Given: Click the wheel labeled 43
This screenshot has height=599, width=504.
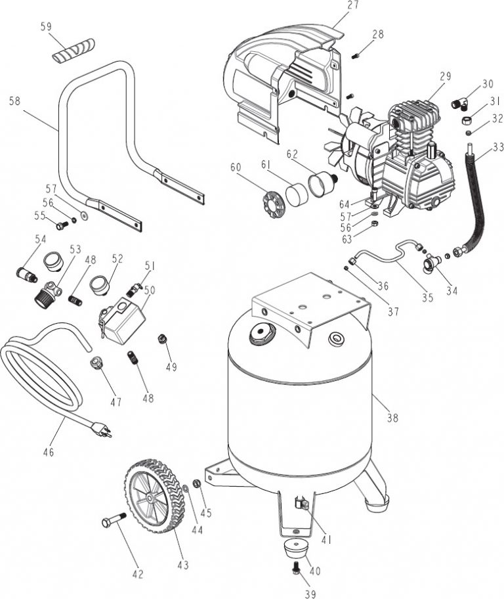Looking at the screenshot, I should pos(152,498).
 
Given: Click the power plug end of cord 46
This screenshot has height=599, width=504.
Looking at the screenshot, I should pos(104,430).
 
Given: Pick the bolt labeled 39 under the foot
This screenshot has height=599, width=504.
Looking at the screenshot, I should pos(295,569).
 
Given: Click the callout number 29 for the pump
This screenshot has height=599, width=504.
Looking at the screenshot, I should pos(446,77).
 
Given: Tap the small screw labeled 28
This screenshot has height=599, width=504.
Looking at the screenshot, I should pos(355,55).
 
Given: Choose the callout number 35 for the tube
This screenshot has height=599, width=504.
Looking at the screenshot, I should pos(427,298).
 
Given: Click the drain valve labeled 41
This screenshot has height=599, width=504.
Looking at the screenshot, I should pos(301,505).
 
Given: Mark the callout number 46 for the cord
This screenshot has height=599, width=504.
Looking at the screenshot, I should pos(48,452).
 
